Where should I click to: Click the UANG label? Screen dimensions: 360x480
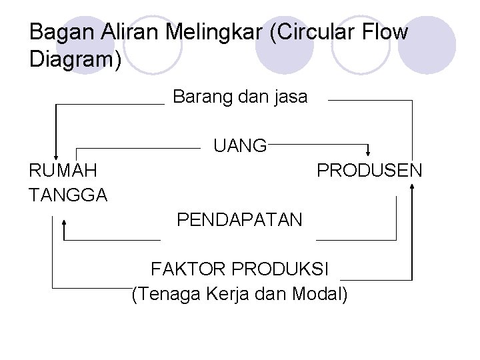coord(240,145)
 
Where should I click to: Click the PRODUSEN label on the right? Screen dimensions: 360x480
coord(369,170)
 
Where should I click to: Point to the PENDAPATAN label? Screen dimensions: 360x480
coord(239,219)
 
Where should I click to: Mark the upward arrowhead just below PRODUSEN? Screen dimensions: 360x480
coord(413,187)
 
